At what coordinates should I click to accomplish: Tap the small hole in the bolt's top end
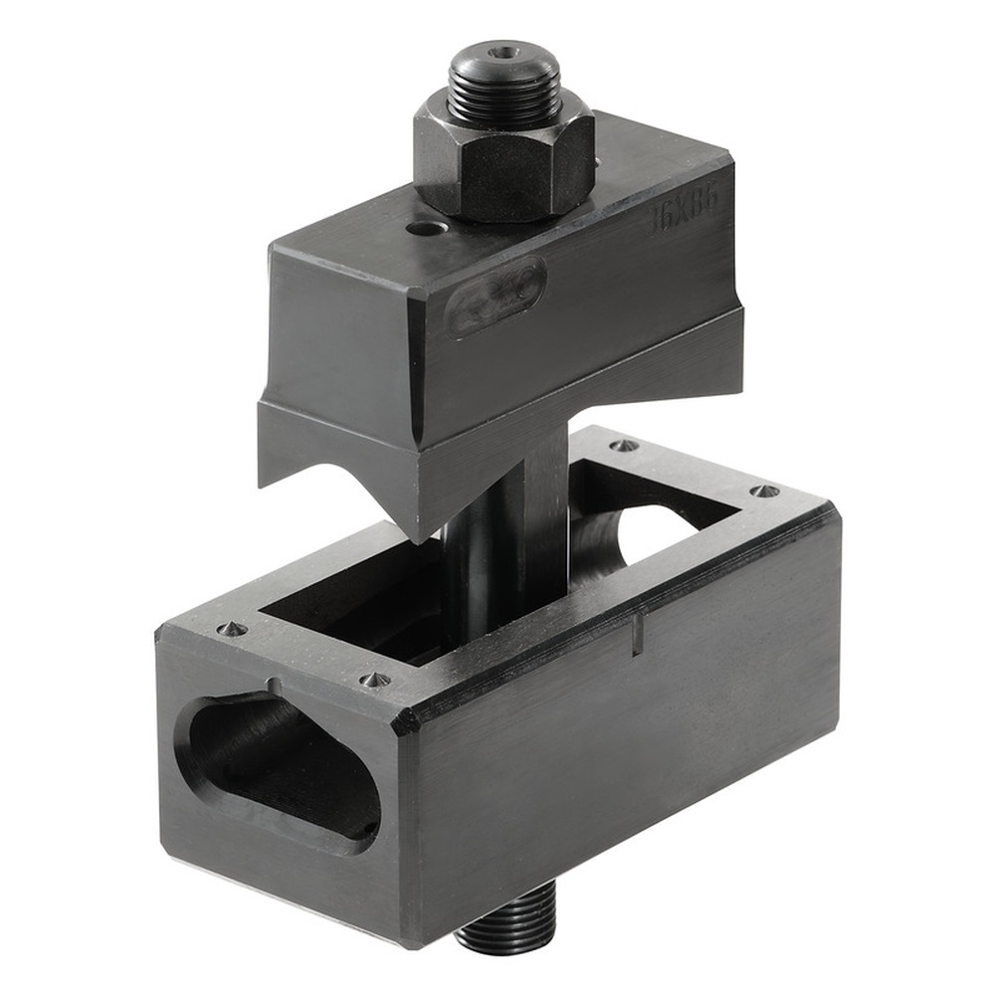pos(506,52)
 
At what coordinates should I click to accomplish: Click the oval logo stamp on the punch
pos(495,296)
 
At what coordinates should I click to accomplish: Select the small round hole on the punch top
pos(426,229)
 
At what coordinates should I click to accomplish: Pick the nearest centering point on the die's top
pos(375,680)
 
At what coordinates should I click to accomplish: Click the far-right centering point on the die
pos(764,491)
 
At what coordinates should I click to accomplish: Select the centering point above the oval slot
pos(230,629)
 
